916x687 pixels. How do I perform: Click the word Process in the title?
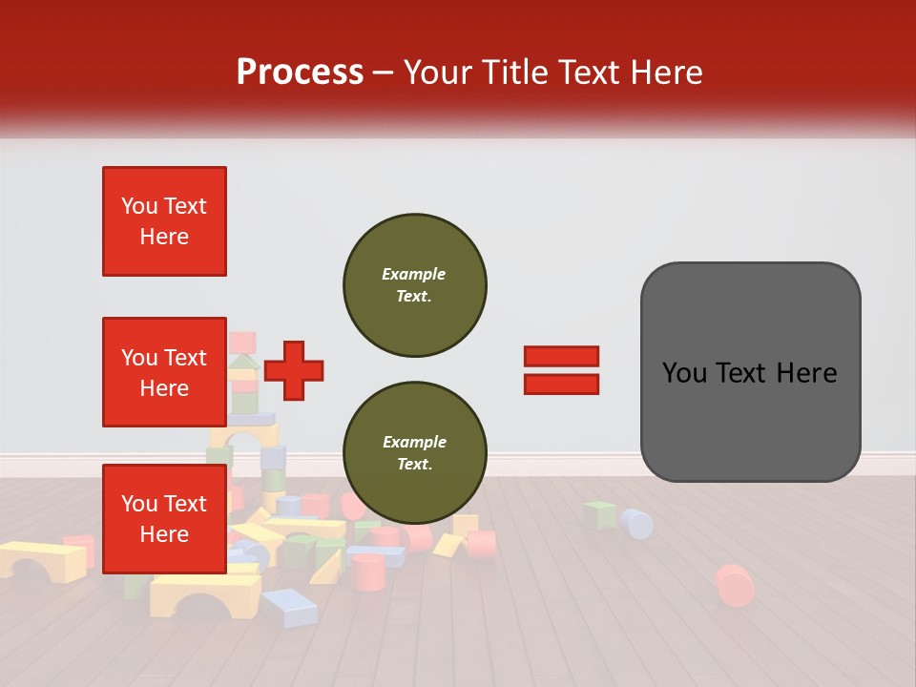click(300, 73)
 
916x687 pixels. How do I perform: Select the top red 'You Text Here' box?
click(164, 221)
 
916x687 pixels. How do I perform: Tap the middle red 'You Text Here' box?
click(164, 372)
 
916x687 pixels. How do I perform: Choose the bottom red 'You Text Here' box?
click(164, 519)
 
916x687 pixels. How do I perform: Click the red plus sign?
click(294, 369)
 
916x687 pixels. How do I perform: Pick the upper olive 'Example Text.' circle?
click(415, 285)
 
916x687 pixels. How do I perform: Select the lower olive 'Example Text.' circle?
click(415, 453)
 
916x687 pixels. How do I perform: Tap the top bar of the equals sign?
click(561, 357)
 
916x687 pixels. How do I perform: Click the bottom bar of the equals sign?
click(561, 384)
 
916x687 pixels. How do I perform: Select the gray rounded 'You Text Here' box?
click(750, 372)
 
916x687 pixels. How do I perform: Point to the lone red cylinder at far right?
click(734, 585)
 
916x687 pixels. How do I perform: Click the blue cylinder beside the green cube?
click(636, 523)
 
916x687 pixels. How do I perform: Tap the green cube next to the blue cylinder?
click(599, 515)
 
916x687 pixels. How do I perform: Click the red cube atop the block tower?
click(243, 343)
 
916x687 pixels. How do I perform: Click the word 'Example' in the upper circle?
click(413, 274)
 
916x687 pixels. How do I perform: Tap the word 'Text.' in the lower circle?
click(413, 465)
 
